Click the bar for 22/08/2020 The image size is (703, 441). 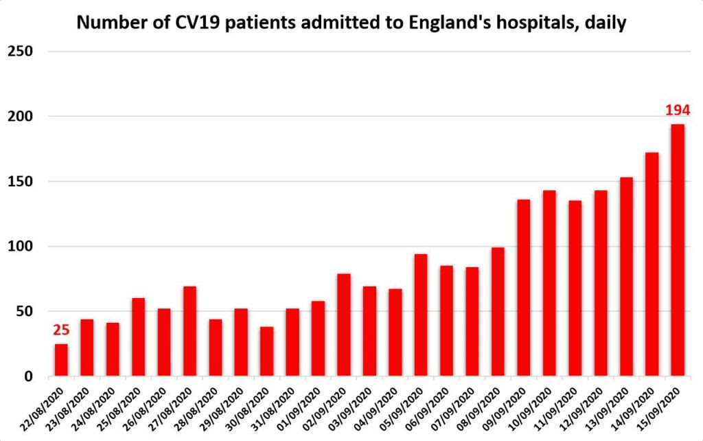61,360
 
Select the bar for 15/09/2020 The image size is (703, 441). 678,250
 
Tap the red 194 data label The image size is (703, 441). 677,110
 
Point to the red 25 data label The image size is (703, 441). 61,330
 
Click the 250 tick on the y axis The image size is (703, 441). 21,51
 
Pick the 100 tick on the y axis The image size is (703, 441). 21,247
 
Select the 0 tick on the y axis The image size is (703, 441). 29,376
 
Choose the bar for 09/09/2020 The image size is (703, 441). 523,288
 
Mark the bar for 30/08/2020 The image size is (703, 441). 266,351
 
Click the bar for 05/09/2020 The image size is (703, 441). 421,315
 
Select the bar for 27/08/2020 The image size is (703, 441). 189,331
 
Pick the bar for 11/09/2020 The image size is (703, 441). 575,288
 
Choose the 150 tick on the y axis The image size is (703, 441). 21,181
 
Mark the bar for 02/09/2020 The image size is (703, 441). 343,325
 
